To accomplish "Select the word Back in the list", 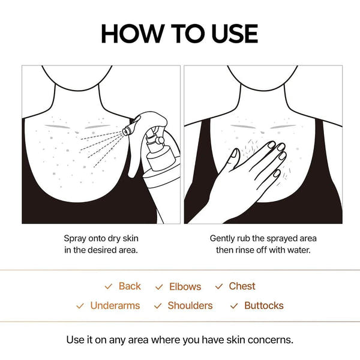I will [130, 286].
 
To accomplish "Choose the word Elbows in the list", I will [185, 287].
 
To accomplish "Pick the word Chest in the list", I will [242, 286].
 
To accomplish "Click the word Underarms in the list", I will [115, 305].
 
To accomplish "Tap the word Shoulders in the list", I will [190, 305].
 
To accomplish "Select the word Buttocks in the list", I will [263, 305].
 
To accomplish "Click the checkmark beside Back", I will [109, 287].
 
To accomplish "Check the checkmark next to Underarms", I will [80, 306].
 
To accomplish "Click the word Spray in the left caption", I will [76, 238].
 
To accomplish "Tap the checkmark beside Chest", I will [219, 287].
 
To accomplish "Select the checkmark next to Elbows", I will [160, 287].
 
